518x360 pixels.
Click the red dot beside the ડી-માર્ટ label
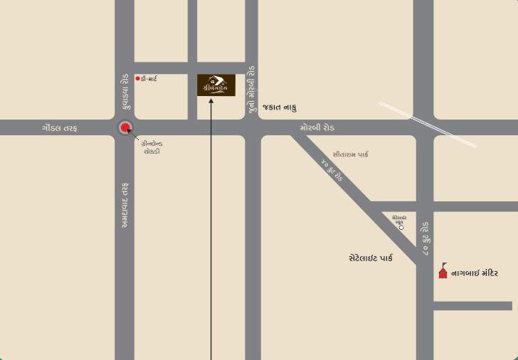(137, 78)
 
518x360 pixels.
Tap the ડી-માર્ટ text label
(149, 78)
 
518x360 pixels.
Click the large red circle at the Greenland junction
(126, 128)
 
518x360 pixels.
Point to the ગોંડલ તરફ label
(59, 128)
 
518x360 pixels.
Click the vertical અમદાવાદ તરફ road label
(125, 205)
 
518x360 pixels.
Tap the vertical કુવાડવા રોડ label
(125, 92)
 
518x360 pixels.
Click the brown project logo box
(216, 85)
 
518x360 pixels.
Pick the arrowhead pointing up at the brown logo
(211, 100)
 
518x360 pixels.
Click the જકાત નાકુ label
(279, 107)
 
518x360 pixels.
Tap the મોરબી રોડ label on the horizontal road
(317, 128)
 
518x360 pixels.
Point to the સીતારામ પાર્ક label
(350, 154)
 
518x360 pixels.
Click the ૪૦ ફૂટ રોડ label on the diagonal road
(332, 171)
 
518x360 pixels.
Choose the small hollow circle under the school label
(401, 228)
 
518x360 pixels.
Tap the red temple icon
(443, 270)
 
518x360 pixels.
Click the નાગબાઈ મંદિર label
(475, 272)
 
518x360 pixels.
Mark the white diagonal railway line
(427, 123)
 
